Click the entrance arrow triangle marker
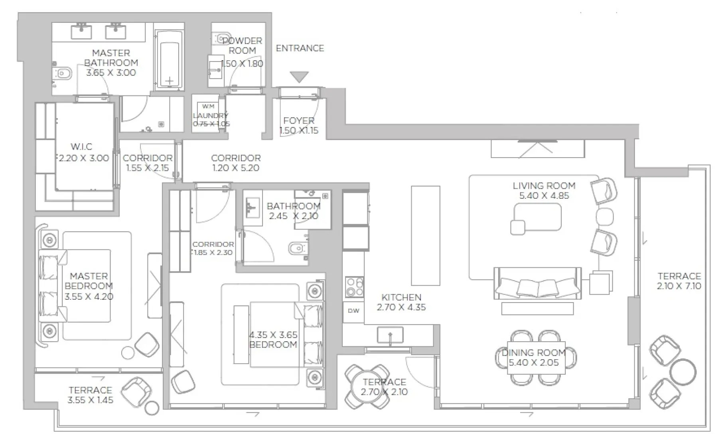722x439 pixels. tap(299, 76)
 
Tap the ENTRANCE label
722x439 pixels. tap(300, 48)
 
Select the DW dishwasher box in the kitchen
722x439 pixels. tap(353, 310)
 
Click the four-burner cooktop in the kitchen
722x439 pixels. tap(354, 287)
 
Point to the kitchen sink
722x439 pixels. tap(390, 335)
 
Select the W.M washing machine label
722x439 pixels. tap(208, 106)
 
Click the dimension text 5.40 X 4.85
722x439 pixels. tap(544, 196)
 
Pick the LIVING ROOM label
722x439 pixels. tap(544, 186)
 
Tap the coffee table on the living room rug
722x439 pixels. tap(537, 217)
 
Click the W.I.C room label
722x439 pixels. tap(81, 146)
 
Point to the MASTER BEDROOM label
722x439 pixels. tap(89, 281)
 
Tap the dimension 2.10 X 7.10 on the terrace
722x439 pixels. tap(679, 286)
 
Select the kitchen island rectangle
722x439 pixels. tap(426, 235)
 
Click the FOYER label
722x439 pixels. tap(299, 121)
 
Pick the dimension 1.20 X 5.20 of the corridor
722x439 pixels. tap(236, 168)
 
